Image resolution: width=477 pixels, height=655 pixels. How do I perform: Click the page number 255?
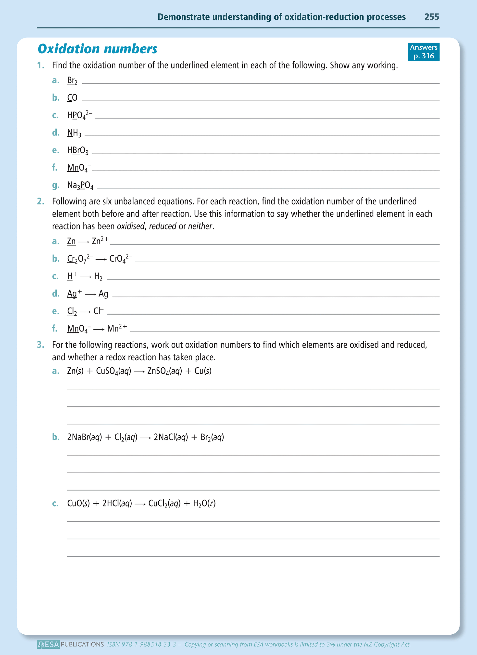tap(431, 17)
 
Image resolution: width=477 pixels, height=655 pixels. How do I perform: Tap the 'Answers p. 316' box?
tap(423, 52)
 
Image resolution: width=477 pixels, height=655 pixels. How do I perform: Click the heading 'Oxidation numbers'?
tap(97, 49)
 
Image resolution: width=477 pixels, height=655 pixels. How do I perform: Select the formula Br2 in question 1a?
tap(72, 81)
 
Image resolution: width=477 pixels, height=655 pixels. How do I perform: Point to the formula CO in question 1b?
tap(72, 98)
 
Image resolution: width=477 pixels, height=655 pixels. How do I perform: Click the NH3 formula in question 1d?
tap(74, 133)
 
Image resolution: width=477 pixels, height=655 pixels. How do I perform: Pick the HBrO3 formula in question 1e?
tap(78, 150)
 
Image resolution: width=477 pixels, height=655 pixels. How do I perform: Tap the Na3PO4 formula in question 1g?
tap(80, 185)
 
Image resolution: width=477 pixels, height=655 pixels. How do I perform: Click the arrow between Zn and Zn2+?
tap(84, 242)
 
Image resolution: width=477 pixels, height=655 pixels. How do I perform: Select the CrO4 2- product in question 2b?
tap(121, 258)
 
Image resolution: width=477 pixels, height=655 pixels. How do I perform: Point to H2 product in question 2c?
tap(98, 277)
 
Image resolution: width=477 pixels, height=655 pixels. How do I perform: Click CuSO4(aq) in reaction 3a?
tap(113, 371)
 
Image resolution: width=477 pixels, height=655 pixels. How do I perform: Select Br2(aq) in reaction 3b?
tap(212, 437)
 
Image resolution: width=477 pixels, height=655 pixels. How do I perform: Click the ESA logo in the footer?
tap(48, 644)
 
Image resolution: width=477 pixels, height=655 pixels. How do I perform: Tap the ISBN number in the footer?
tap(141, 644)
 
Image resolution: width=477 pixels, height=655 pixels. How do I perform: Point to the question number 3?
tap(40, 345)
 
